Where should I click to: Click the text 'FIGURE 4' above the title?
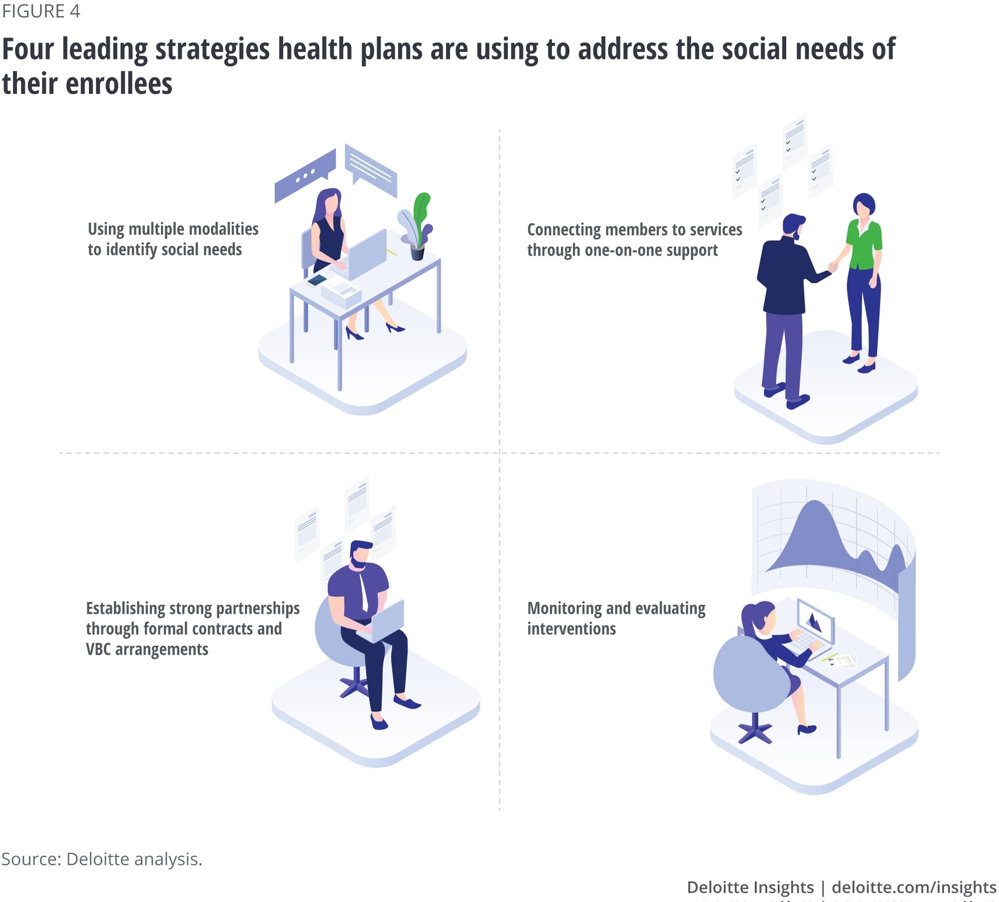pos(41,11)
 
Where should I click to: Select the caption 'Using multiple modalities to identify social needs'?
pos(172,239)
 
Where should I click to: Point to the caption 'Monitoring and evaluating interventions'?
pos(616,618)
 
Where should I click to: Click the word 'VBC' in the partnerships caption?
pos(98,649)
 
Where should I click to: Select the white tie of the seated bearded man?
pos(364,592)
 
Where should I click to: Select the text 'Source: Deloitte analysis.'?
pos(102,859)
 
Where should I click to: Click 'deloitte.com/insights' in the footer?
pos(914,887)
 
